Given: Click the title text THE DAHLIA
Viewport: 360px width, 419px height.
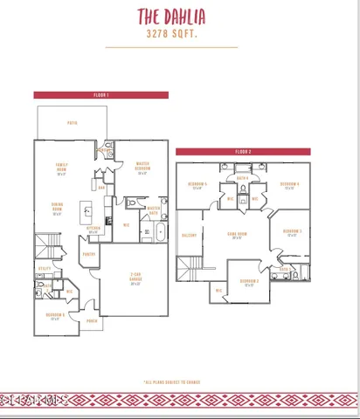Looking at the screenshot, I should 181,16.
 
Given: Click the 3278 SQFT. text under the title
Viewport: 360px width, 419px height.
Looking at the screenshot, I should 180,34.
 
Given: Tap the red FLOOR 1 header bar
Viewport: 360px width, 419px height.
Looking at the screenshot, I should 100,94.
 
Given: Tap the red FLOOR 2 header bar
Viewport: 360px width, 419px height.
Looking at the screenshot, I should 242,151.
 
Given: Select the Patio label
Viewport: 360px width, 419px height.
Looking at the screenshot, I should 73,123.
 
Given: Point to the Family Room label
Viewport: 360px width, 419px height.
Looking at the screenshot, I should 62,168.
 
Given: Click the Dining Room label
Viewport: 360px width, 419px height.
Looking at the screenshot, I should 57,209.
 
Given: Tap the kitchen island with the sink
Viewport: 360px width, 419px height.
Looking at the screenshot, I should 87,210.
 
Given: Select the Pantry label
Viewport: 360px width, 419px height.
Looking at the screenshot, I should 89,254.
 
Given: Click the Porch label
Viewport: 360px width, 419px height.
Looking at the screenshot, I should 92,319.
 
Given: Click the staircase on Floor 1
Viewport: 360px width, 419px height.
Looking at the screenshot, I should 44,244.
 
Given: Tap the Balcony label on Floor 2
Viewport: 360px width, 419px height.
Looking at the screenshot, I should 188,235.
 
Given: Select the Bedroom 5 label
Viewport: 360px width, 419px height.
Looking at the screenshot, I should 197,185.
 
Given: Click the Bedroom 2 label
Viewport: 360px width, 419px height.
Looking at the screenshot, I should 250,282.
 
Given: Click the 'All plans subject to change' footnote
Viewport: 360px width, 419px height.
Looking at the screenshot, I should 180,381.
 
